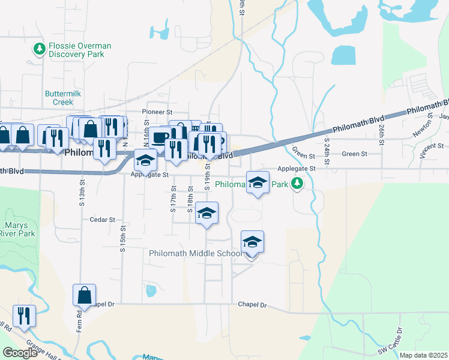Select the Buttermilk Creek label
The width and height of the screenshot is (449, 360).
pos(59,97)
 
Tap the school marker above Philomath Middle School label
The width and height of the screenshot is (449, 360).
pos(252,242)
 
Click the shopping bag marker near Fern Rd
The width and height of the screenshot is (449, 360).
pos(84,295)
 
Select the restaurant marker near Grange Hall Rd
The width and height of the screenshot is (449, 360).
pos(24,316)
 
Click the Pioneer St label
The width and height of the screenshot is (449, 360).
pos(157,112)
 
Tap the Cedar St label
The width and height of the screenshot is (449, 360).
pos(102,220)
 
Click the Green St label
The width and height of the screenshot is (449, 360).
pos(350,154)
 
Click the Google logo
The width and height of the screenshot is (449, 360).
pos(20,353)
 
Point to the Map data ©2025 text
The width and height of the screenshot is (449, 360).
pos(423,355)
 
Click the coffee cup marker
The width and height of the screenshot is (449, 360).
pos(160,137)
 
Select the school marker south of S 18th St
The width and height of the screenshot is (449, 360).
pos(206,214)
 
